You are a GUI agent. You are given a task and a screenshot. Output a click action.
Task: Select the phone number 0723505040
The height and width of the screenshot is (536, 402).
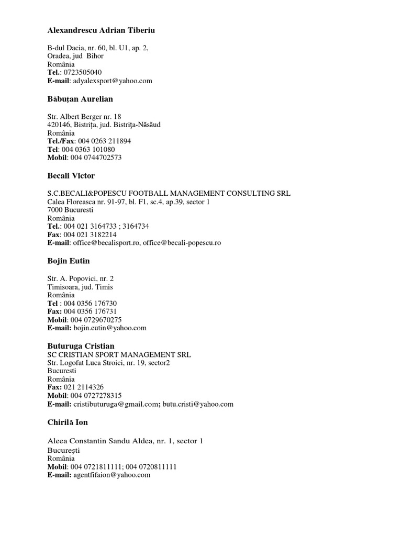click(82, 73)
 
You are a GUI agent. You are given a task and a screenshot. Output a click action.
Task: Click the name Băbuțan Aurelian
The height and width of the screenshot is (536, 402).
click(80, 99)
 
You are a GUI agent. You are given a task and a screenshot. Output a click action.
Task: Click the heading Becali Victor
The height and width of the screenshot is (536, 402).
click(71, 176)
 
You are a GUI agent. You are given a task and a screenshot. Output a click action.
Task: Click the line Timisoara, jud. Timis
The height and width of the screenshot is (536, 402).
click(80, 287)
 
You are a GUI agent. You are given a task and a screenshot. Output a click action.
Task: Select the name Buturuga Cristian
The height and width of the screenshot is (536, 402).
click(81, 346)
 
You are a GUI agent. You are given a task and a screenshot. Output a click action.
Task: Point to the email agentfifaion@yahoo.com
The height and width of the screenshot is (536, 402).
click(116, 475)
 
